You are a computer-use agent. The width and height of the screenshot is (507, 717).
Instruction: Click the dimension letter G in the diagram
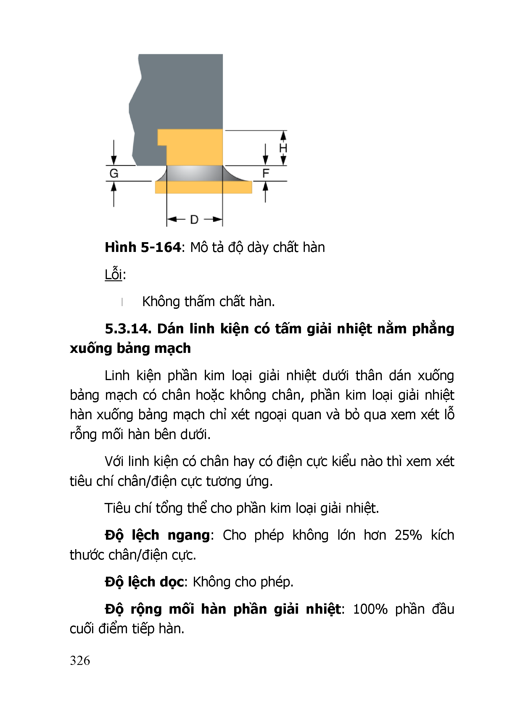point(114,173)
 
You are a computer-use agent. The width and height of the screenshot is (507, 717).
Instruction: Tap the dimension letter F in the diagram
point(266,173)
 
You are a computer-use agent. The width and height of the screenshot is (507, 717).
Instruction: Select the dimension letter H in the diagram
point(283,148)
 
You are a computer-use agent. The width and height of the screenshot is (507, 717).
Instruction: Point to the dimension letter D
point(194,220)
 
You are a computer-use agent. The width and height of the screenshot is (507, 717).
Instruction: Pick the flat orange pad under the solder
point(204,187)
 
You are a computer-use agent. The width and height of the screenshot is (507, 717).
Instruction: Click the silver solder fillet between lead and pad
point(195,173)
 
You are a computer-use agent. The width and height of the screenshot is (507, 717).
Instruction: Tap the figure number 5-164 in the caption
point(161,247)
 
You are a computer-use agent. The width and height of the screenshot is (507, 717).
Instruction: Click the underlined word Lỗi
point(113,274)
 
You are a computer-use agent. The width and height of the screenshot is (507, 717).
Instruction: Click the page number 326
point(80,660)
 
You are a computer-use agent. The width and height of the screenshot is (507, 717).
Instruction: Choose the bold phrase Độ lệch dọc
point(144,582)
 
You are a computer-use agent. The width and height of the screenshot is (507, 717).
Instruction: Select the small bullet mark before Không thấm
point(122,302)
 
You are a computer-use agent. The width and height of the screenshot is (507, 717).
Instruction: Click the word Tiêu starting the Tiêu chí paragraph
point(117,508)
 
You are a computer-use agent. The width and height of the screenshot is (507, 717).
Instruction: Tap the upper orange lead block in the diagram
point(194,147)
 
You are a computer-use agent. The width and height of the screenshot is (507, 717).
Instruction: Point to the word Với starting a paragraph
point(115,461)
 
